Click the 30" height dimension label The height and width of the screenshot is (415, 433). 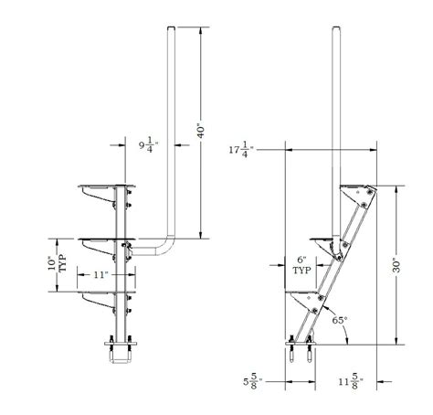tap(394, 265)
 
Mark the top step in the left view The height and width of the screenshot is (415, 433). tap(107, 187)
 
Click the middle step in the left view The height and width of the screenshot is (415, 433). tap(107, 241)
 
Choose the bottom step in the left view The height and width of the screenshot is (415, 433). tap(107, 294)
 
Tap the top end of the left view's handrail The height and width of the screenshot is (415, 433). tap(170, 33)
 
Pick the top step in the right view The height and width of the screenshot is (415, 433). tap(356, 188)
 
